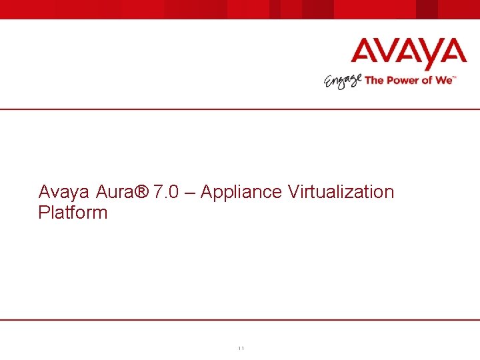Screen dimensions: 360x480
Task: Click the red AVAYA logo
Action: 409,53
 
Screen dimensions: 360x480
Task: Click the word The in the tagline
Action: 374,80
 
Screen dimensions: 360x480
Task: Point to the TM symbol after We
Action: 455,77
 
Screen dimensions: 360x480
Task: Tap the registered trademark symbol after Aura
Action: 141,192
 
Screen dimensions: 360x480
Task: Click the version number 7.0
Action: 165,192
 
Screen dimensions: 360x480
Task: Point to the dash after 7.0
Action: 189,193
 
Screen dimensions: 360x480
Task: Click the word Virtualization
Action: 341,192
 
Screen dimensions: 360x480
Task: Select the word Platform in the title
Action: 73,213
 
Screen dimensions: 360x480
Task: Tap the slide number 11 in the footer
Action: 241,349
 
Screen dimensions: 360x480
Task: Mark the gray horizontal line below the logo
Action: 240,109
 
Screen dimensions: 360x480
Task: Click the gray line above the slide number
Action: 240,320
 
